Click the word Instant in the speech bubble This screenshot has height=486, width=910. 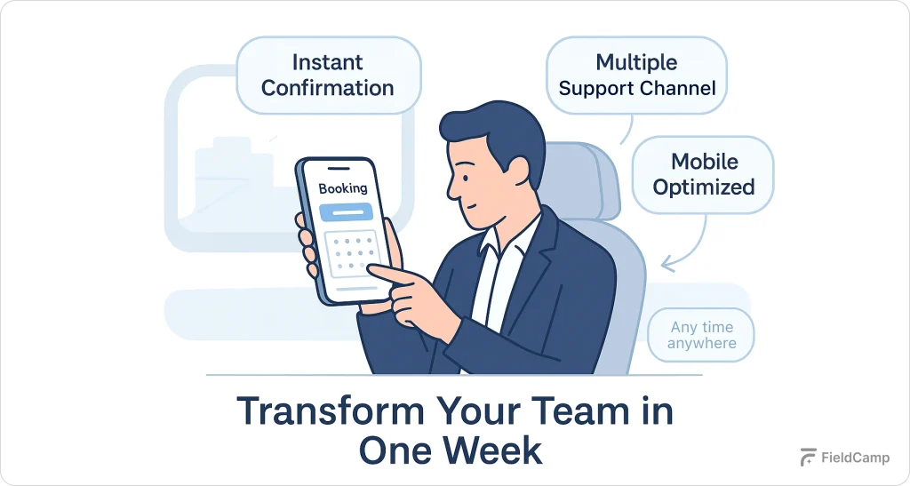[327, 63]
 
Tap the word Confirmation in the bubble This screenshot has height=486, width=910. [327, 88]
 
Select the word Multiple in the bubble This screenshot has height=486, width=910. [636, 63]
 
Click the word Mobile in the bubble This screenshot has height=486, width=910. [704, 162]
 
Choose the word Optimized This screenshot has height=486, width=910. [704, 187]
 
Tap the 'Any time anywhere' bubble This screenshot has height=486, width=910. [701, 335]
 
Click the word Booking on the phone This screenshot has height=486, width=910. [342, 188]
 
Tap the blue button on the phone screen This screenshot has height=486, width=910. [345, 211]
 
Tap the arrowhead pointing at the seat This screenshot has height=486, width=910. [664, 262]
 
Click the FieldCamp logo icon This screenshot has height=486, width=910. [808, 458]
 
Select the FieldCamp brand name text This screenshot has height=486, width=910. [853, 459]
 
